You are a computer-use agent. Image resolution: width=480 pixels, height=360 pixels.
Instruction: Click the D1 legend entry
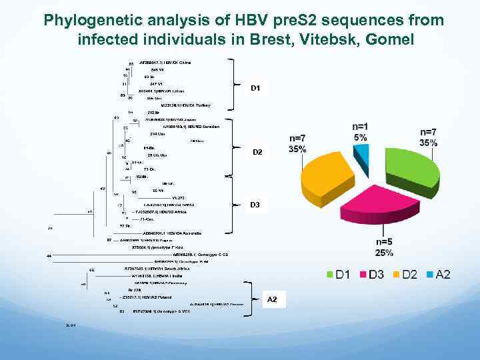[x=340, y=275]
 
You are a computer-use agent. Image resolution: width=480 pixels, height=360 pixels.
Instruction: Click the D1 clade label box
[x=255, y=87]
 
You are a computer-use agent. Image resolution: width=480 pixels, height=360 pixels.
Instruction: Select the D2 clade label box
[x=257, y=152]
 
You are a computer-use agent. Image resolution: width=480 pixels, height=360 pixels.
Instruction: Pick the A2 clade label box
[x=272, y=300]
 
